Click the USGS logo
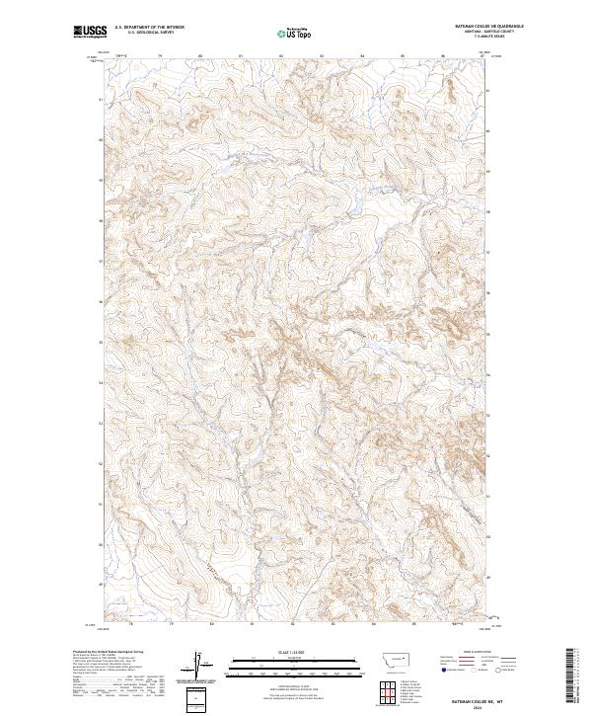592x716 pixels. point(91,33)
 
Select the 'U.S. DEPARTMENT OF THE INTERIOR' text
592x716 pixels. point(149,29)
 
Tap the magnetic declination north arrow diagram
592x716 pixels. point(198,663)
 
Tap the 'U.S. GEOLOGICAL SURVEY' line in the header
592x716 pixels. point(144,34)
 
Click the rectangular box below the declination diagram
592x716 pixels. point(198,699)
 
